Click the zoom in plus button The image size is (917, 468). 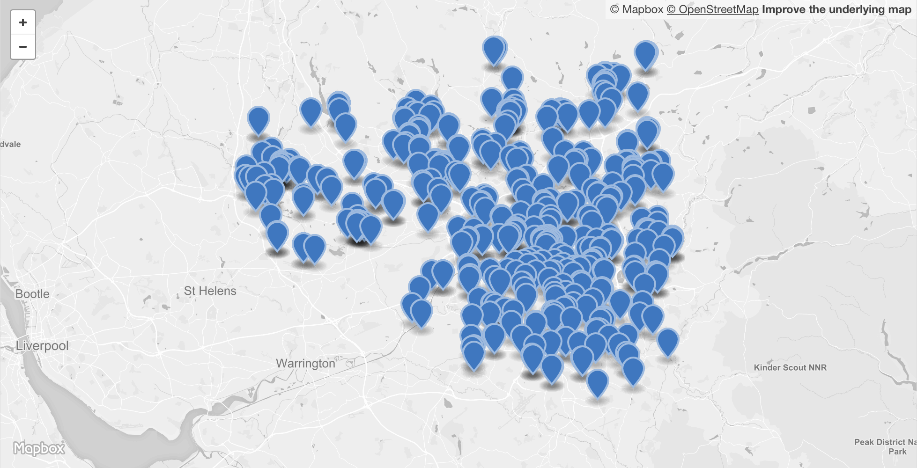23,22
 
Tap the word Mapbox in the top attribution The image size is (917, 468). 643,9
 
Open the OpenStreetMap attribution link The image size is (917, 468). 712,9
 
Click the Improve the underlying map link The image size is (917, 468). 836,9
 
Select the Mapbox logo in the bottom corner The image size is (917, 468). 39,448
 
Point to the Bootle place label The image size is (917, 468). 32,294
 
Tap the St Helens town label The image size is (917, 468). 210,291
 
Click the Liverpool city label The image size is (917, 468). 42,346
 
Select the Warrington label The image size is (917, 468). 305,363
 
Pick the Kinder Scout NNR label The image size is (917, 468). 790,367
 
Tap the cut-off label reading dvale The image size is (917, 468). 10,144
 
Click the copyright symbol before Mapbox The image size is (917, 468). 614,9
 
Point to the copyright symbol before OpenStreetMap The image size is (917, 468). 671,9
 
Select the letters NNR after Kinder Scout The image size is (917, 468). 817,367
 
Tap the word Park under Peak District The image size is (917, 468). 897,452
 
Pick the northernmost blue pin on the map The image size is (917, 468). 493,50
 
